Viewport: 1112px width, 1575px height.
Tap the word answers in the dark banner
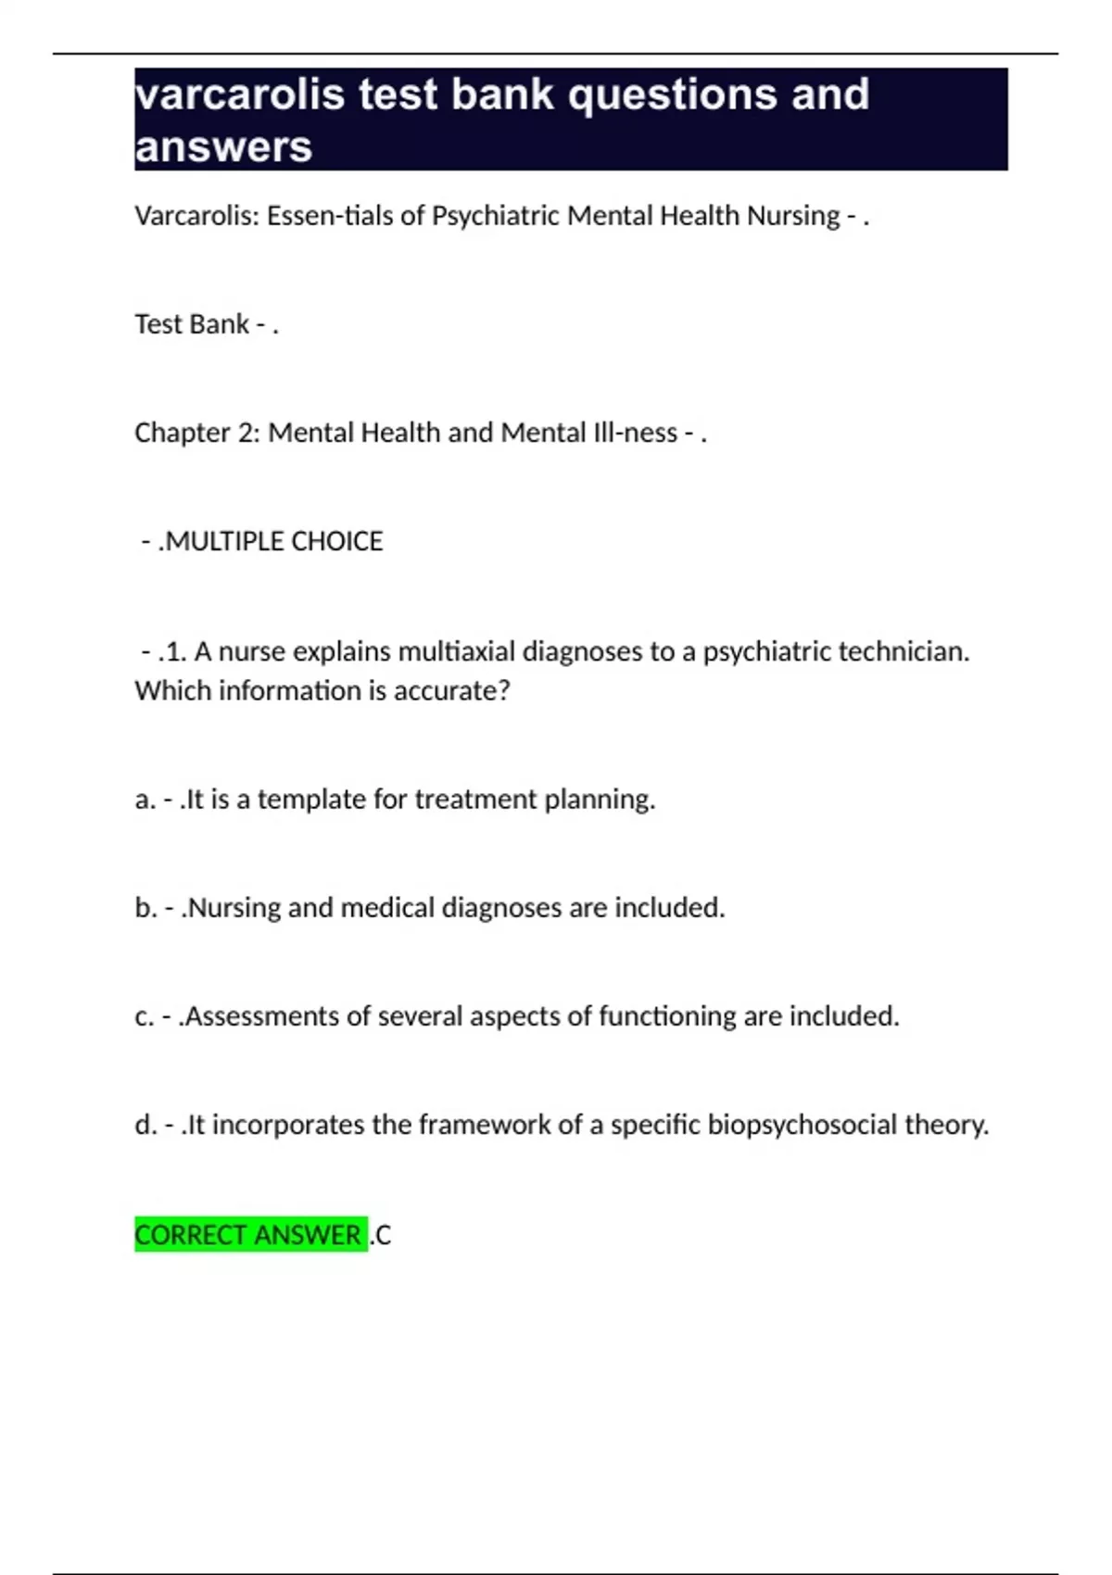223,147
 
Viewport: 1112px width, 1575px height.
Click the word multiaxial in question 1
457,651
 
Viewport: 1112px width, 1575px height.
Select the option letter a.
144,800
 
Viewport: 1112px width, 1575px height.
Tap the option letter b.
145,908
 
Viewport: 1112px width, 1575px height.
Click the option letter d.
145,1125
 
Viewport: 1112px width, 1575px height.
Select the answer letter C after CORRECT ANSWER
383,1235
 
